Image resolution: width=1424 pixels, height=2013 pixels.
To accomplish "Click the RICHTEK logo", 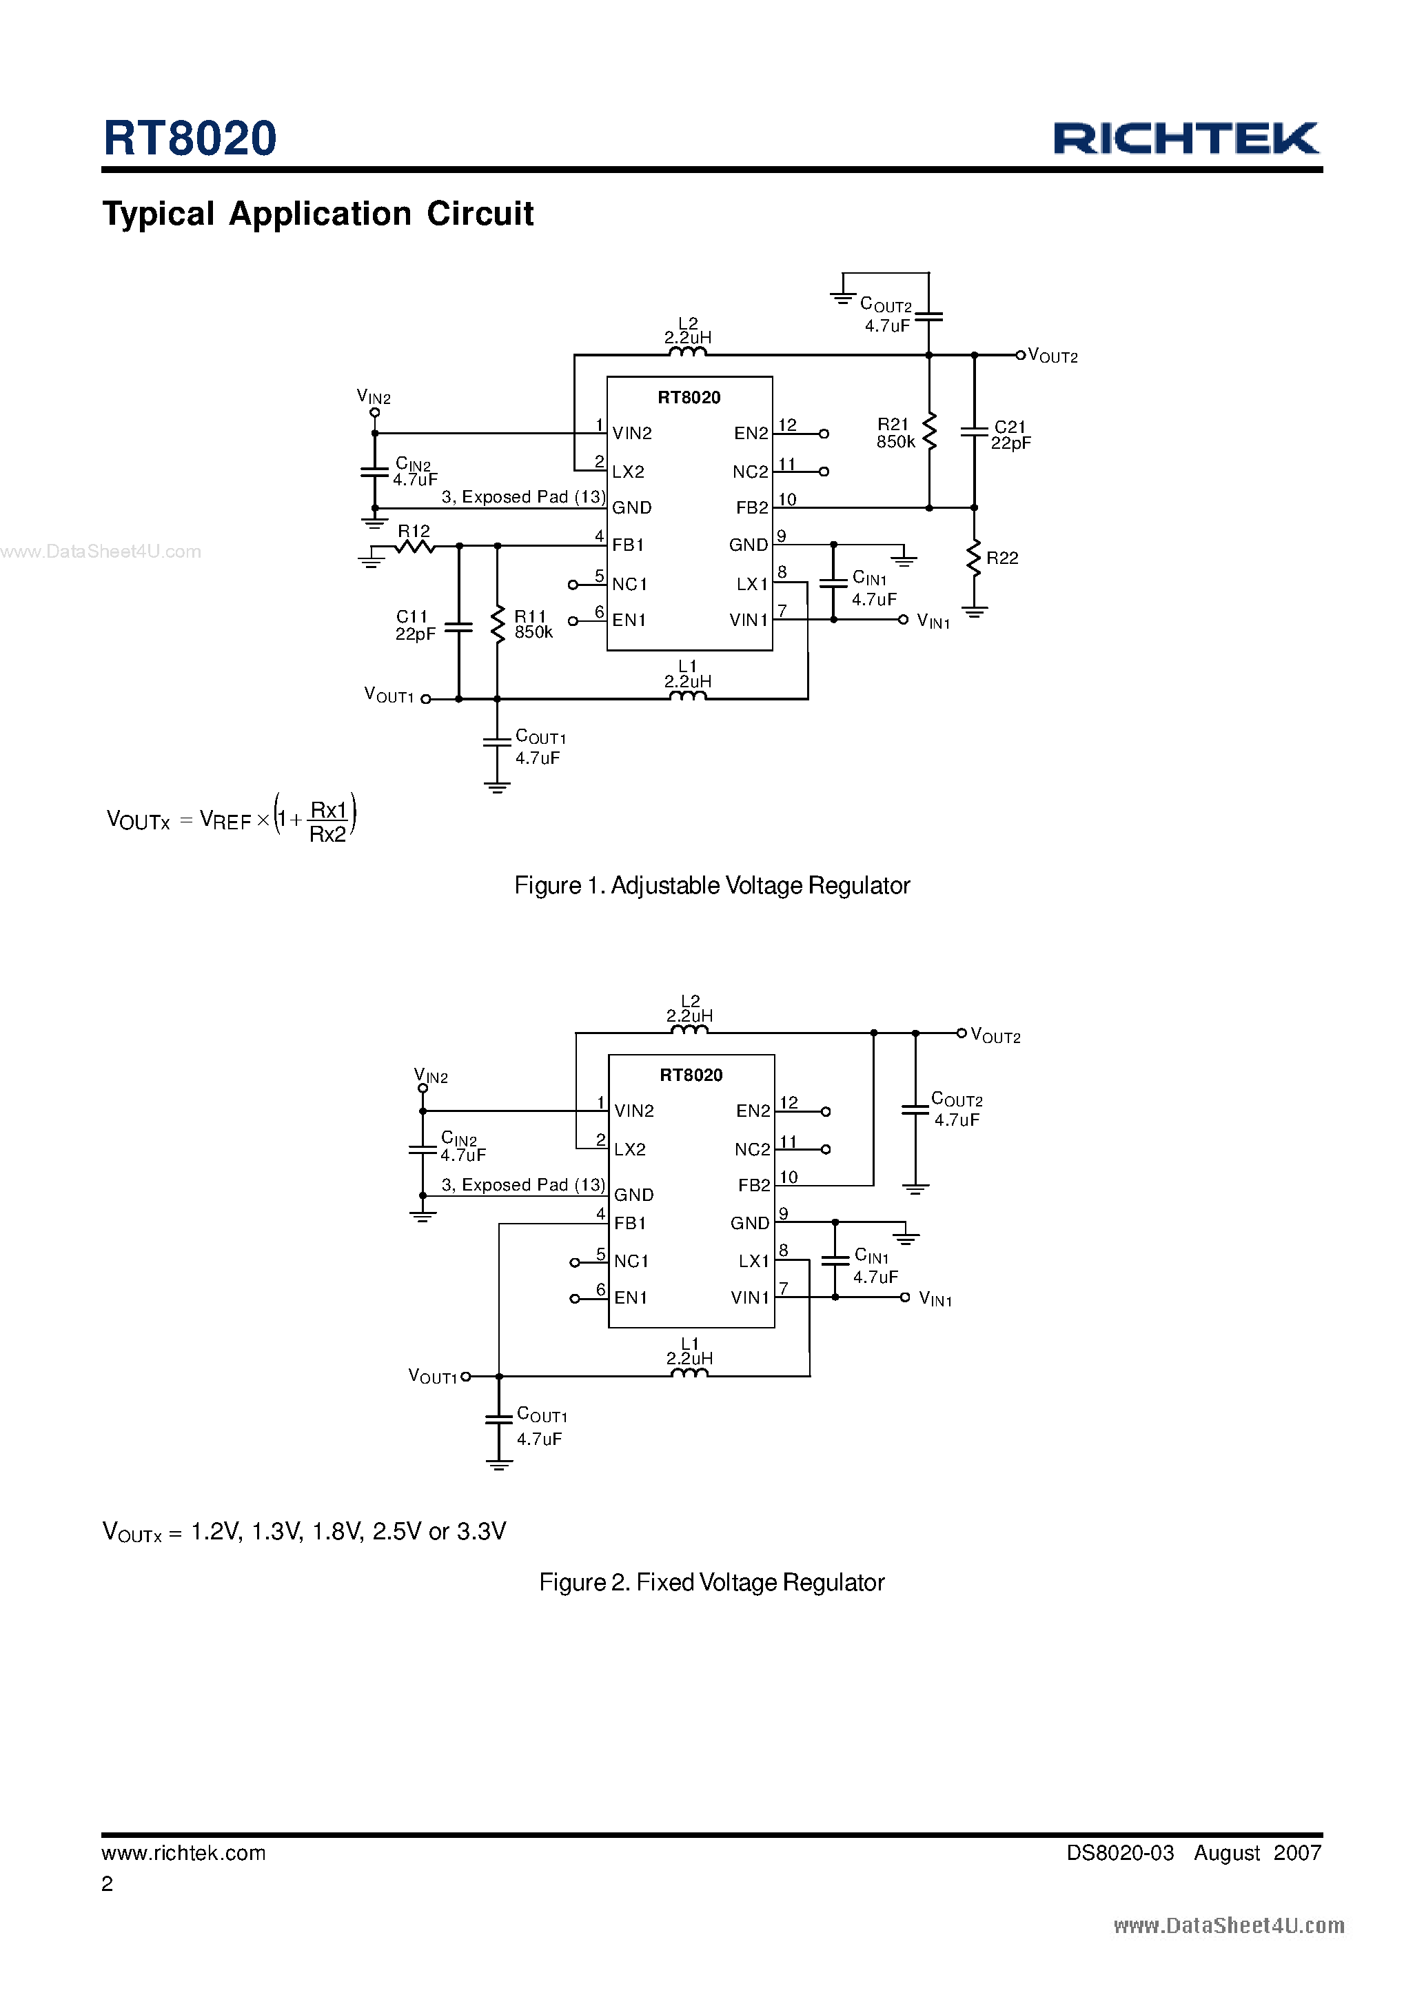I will coord(1186,139).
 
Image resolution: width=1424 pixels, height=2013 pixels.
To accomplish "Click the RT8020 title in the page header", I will coord(190,139).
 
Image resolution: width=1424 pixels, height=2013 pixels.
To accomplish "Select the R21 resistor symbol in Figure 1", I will coord(929,432).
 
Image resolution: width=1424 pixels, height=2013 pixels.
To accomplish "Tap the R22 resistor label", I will coord(1002,558).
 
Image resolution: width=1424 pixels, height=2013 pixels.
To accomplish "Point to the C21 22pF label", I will coord(1010,435).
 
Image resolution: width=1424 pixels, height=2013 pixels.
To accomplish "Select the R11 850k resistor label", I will coord(532,625).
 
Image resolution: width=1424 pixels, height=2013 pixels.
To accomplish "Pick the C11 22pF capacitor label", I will coord(415,625).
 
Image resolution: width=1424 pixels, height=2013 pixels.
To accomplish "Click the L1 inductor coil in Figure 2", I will coord(689,1374).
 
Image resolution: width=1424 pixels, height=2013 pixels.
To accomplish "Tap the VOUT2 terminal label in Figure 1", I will coord(1053,356).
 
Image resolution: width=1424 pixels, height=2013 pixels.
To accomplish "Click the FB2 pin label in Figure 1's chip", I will coord(751,507).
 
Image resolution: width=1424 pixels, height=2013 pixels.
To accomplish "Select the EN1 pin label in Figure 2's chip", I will coord(631,1297).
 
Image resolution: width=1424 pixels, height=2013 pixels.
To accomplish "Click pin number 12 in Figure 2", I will coord(789,1102).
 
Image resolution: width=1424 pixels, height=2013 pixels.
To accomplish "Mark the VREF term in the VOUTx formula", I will coord(225,820).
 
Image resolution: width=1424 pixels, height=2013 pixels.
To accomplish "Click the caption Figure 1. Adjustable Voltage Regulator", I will coord(711,885).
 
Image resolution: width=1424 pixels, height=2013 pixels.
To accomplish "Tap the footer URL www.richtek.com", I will coord(183,1852).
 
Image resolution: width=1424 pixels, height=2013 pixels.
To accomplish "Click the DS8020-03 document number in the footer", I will coord(1120,1852).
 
